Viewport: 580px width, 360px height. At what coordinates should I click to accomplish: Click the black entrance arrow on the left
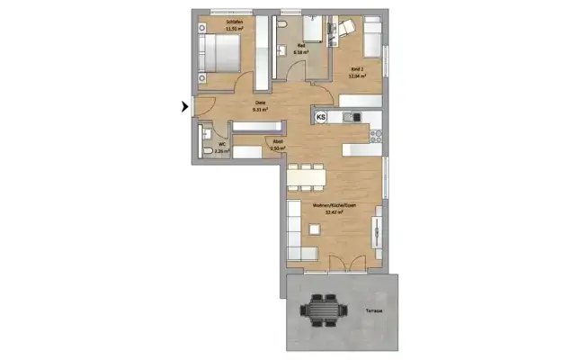185,107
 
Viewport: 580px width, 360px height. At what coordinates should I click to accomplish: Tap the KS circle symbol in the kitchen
321,116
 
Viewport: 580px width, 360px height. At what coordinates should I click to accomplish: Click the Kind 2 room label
356,68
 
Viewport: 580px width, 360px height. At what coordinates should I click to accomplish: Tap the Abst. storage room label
278,141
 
